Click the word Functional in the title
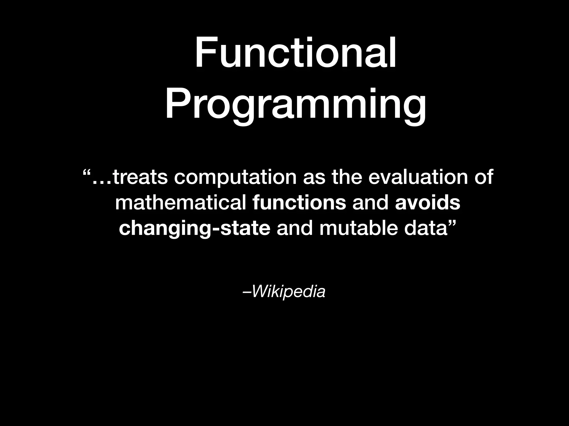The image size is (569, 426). click(296, 53)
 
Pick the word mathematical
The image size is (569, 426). click(181, 202)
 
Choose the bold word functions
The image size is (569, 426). click(300, 202)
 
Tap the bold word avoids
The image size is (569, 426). click(428, 202)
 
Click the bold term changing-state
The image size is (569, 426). click(194, 229)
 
